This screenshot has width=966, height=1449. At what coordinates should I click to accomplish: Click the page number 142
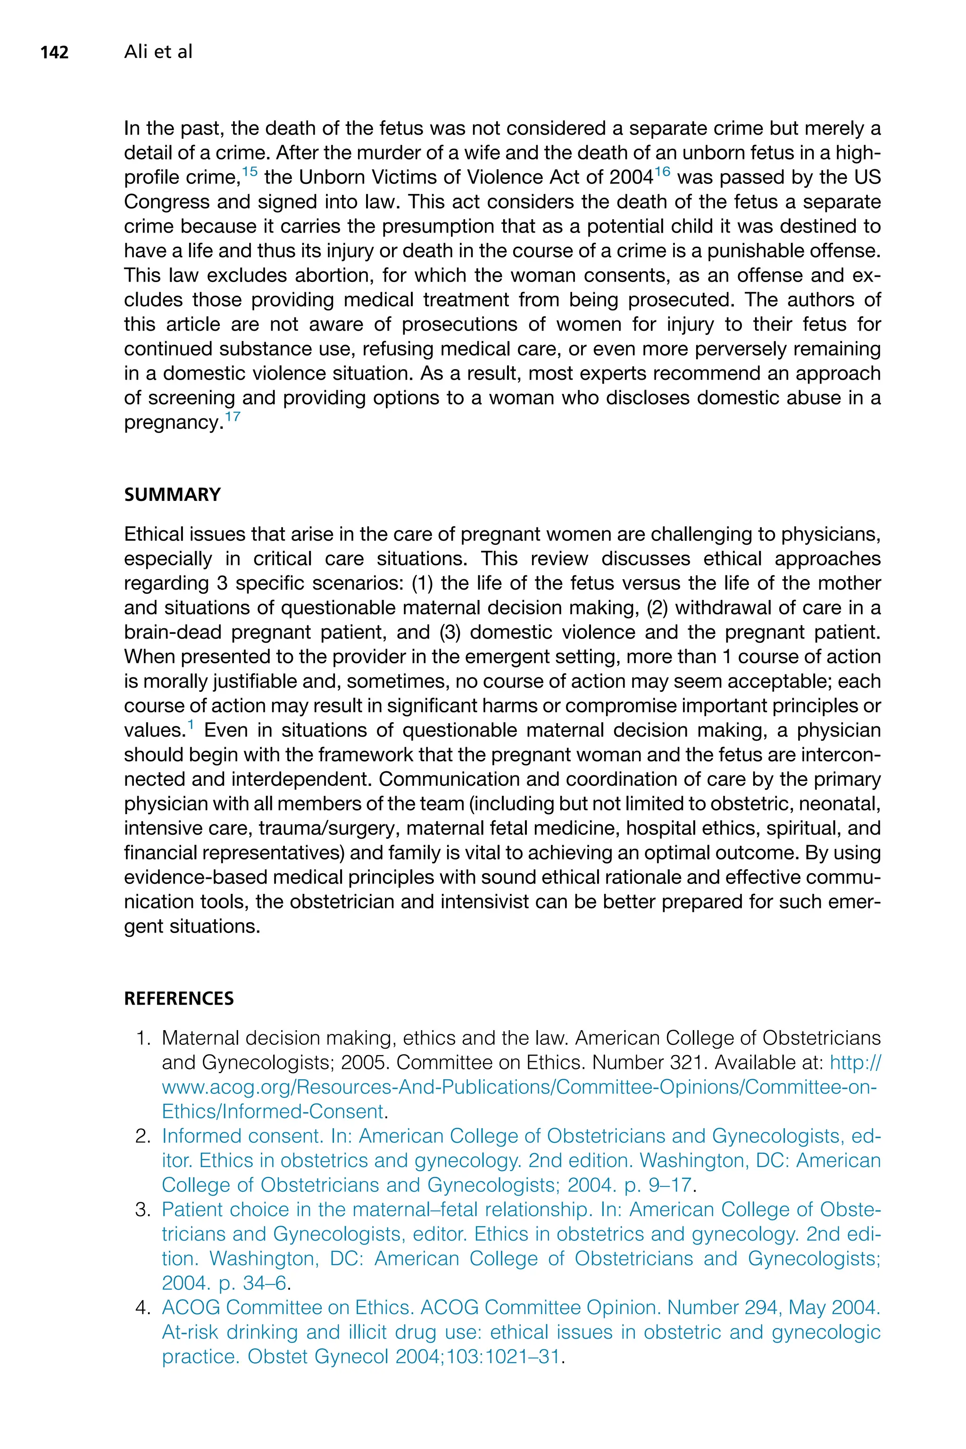[54, 53]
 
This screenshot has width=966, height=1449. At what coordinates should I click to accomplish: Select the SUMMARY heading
[173, 495]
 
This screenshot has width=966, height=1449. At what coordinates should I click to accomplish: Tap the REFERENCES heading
[179, 999]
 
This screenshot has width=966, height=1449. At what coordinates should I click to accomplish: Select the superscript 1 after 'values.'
[191, 724]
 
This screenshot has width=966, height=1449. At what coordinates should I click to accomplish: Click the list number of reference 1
[142, 1039]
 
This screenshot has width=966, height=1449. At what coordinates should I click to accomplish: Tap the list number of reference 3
[142, 1210]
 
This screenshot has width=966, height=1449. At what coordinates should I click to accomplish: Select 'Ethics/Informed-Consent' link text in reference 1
[272, 1112]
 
